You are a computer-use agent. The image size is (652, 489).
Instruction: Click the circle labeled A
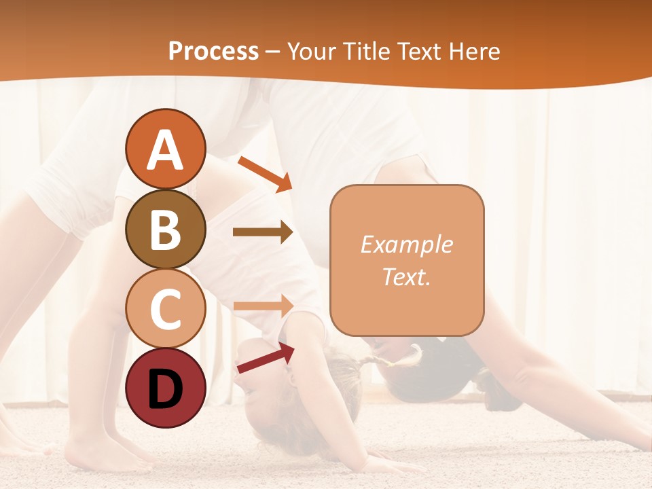[165, 149]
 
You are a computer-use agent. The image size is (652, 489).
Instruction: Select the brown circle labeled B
[165, 229]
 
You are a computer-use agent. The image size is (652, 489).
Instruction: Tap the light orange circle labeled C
[165, 308]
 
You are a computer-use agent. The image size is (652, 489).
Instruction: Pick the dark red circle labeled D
[165, 388]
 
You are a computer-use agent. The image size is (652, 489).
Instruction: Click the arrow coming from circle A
[265, 174]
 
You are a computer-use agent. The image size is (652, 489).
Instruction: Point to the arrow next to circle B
[263, 232]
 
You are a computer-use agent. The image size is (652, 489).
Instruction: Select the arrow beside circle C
[263, 306]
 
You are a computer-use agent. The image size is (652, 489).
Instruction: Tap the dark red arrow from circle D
[266, 358]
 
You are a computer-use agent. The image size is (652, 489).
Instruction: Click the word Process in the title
[213, 51]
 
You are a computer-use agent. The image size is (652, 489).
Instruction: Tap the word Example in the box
[407, 244]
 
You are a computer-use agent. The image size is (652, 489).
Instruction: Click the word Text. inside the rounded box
[407, 276]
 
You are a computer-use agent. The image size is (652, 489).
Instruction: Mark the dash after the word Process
[273, 52]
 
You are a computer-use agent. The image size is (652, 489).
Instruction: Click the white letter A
[165, 150]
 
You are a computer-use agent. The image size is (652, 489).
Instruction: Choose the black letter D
[165, 389]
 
